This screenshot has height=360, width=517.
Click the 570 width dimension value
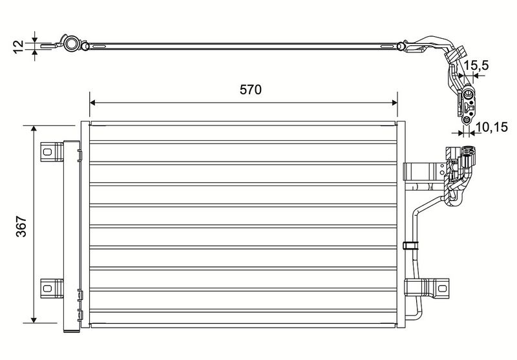point(251,90)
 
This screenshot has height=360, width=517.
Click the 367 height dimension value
point(22,226)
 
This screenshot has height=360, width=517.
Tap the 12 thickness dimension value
point(19,46)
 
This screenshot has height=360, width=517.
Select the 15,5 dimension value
point(476,65)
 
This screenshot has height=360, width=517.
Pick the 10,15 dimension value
point(492,127)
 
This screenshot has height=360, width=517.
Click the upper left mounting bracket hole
point(47,152)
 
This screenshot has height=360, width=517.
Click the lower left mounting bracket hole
point(47,288)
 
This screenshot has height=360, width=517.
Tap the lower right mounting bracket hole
point(442,288)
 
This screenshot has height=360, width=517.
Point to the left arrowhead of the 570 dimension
point(92,103)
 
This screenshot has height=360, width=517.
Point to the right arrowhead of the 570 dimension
point(395,103)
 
